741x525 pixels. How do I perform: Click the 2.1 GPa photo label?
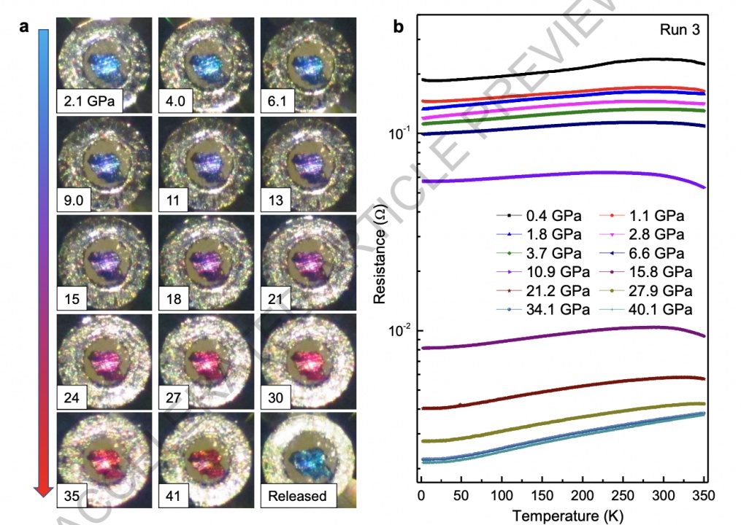coord(89,101)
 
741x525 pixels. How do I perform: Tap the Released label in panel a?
coord(296,497)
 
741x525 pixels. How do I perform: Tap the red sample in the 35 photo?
coord(104,460)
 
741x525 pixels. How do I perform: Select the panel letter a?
coord(24,28)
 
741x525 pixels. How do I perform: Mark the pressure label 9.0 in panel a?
coord(73,200)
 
